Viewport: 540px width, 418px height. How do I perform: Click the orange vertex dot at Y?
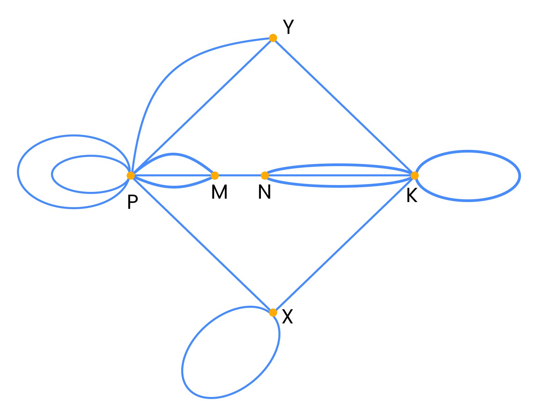[273, 38]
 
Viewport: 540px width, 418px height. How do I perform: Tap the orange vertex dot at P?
[131, 175]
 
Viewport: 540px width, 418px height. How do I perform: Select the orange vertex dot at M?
[215, 175]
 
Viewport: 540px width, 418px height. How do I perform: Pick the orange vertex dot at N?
[265, 175]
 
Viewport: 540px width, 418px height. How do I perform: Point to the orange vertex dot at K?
[414, 175]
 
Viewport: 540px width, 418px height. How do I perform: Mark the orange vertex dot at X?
[273, 312]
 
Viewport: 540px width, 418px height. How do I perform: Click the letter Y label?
[288, 27]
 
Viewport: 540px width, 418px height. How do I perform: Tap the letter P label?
[132, 202]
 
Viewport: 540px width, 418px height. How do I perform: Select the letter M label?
[219, 192]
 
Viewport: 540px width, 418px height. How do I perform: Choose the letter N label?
[264, 192]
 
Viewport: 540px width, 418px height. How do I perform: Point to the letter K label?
[412, 196]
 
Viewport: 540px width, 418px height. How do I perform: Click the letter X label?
[287, 317]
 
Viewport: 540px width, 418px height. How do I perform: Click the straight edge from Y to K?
[344, 106]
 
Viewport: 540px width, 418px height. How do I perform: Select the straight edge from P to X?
[202, 244]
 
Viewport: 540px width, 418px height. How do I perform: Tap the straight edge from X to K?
[344, 244]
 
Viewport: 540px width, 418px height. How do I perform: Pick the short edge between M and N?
[240, 175]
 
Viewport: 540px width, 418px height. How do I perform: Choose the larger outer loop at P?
[18, 172]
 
